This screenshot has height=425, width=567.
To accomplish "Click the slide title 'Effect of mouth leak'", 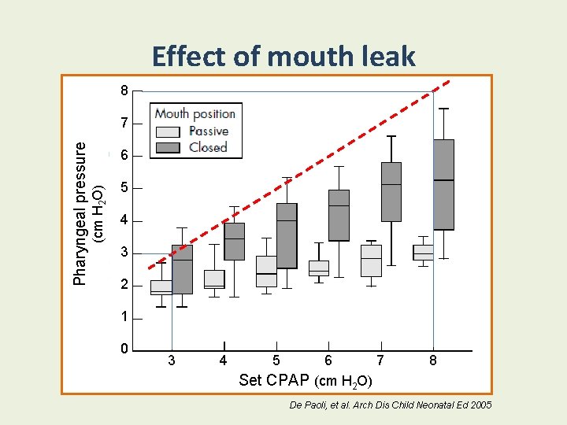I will pyautogui.click(x=283, y=57).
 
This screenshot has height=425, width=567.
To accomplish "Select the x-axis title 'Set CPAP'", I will pyautogui.click(x=274, y=380).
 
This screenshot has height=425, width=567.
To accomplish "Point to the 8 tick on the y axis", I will pyautogui.click(x=124, y=91).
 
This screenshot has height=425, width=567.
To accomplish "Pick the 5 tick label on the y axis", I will pyautogui.click(x=124, y=188).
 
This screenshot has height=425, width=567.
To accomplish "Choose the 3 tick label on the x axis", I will pyautogui.click(x=172, y=360).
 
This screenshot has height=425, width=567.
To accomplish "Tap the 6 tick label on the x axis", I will pyautogui.click(x=328, y=360).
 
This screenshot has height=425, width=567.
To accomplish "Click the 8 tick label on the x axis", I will pyautogui.click(x=433, y=360).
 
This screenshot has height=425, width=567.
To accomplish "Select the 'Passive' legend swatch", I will pyautogui.click(x=169, y=131).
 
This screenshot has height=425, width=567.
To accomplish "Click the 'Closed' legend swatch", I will pyautogui.click(x=169, y=147).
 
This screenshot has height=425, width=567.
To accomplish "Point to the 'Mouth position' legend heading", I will pyautogui.click(x=195, y=113).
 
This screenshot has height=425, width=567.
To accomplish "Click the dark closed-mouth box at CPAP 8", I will pyautogui.click(x=444, y=185).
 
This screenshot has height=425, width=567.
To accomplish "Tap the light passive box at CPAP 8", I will pyautogui.click(x=423, y=252).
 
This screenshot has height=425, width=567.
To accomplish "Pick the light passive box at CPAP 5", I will pyautogui.click(x=266, y=271).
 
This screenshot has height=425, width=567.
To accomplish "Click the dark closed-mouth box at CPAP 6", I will pyautogui.click(x=339, y=215).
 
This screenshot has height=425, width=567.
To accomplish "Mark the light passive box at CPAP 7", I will pyautogui.click(x=371, y=261).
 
